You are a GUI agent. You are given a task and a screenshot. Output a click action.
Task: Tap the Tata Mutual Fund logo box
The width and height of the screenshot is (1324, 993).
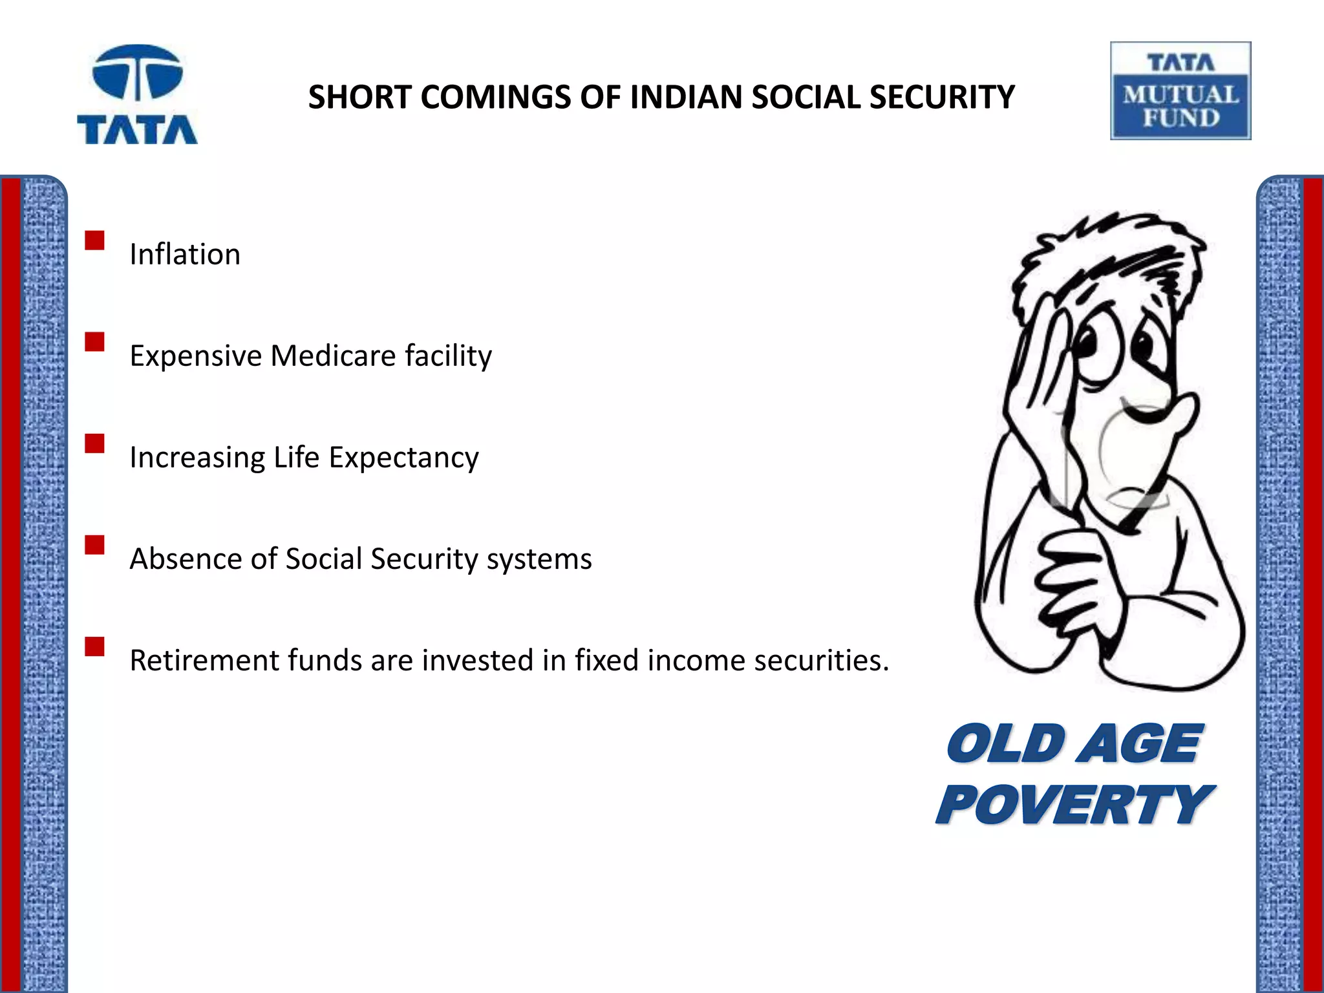(x=1180, y=91)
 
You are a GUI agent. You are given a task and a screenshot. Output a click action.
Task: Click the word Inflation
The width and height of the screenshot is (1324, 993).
(x=185, y=254)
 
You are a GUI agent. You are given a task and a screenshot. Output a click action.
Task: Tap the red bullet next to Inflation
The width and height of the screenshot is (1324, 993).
(x=94, y=240)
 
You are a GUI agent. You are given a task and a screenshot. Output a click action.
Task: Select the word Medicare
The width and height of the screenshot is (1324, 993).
(x=333, y=356)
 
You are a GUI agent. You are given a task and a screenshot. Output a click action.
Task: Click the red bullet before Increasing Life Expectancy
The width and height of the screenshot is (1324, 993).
(x=94, y=443)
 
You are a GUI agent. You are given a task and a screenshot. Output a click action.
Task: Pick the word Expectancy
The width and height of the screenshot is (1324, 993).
(x=403, y=458)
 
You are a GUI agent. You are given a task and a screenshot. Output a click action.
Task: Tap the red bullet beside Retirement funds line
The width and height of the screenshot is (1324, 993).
(x=94, y=646)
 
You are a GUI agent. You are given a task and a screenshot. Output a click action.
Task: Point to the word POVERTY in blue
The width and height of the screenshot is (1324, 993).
(x=1073, y=804)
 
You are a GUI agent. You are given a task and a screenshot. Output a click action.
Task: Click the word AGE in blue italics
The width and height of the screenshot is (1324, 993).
(x=1142, y=743)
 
